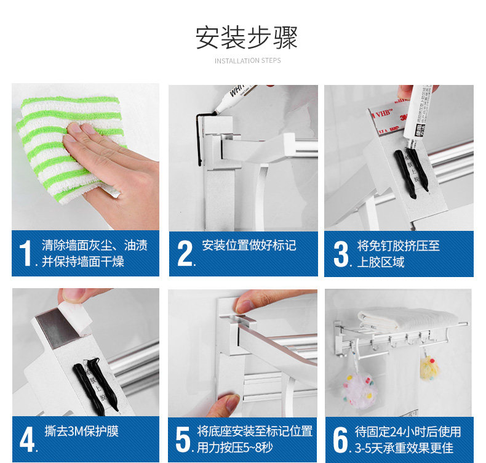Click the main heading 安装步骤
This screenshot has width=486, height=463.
(x=247, y=38)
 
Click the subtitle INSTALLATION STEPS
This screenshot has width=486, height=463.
(x=248, y=60)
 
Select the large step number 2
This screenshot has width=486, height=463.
(x=185, y=254)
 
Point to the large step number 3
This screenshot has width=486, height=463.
(x=341, y=254)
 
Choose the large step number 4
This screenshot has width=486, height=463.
(x=27, y=440)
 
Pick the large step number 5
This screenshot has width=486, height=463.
(x=183, y=440)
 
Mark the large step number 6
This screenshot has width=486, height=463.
(x=341, y=440)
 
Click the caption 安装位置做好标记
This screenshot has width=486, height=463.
(x=249, y=245)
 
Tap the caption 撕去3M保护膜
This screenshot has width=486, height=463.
(x=82, y=431)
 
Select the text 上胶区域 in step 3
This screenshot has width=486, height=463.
(x=381, y=262)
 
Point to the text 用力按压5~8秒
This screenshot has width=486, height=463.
(x=235, y=448)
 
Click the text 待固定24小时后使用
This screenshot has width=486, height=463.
(x=408, y=432)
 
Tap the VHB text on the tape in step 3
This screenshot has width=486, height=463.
(x=384, y=113)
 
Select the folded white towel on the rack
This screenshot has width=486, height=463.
(x=407, y=318)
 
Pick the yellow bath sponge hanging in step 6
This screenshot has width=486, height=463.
(x=429, y=368)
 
